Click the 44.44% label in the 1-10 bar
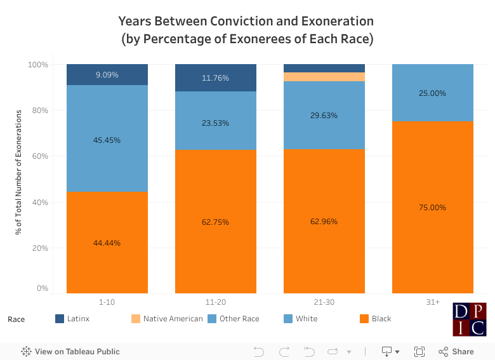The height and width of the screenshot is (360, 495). tap(107, 243)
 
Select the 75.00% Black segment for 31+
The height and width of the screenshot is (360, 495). tap(432, 207)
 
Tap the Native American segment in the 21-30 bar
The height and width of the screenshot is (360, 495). tap(324, 77)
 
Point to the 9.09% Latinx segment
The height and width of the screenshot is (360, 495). tap(107, 75)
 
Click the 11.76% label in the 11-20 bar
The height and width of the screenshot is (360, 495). tap(215, 78)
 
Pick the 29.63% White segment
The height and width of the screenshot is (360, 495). tap(324, 116)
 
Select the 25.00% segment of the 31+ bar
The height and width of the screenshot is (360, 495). tap(432, 93)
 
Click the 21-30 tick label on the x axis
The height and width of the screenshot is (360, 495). tap(324, 302)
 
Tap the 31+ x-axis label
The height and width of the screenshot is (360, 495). tap(432, 302)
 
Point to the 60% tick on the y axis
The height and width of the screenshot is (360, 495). tap(40, 156)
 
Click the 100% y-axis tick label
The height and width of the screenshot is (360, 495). tap(38, 65)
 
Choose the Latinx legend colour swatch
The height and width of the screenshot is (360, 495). tap(60, 319)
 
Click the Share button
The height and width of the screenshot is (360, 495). tap(456, 351)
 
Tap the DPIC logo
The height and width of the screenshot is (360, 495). tap(470, 319)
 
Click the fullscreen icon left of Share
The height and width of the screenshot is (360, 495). tap(419, 351)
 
